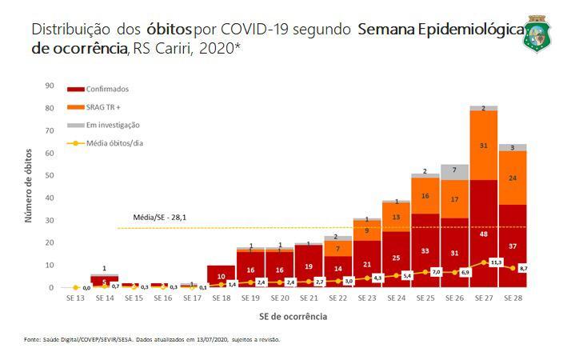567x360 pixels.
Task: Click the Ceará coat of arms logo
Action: click(x=537, y=34)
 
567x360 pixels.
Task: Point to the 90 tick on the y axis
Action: click(x=49, y=86)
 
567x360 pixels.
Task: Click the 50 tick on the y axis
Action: click(x=49, y=175)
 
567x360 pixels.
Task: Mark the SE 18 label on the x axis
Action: click(x=221, y=298)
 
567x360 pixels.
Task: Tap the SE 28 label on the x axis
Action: click(x=512, y=298)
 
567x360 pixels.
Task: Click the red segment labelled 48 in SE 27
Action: click(x=484, y=234)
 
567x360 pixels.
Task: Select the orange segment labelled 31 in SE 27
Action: click(x=484, y=145)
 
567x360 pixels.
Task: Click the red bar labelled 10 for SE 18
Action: click(x=221, y=276)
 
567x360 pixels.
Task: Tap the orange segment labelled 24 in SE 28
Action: click(x=512, y=178)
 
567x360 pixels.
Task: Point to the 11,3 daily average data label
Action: click(x=496, y=262)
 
